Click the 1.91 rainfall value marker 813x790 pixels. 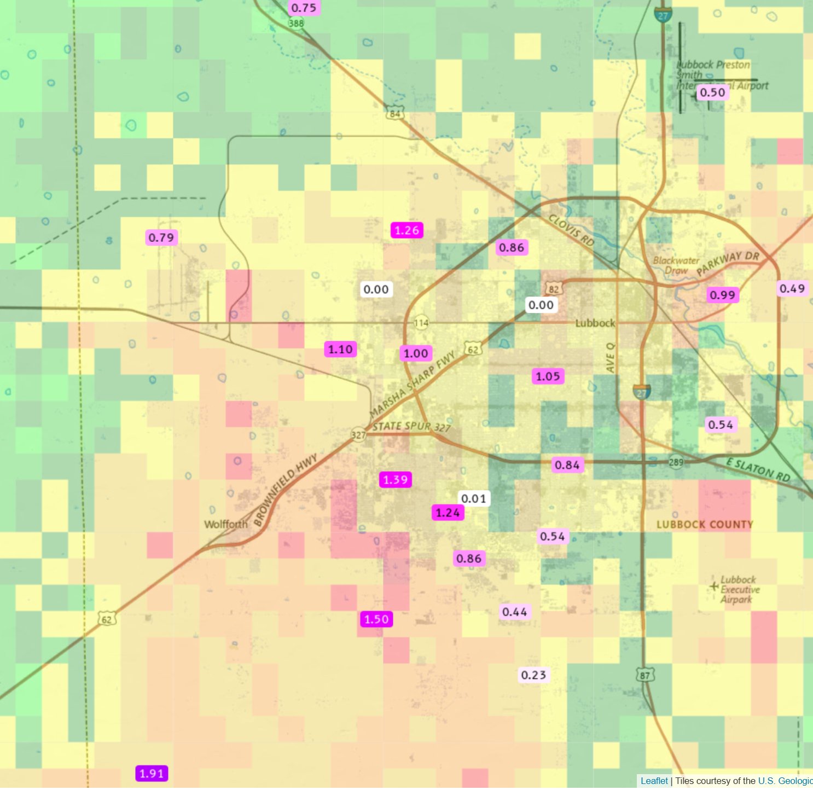[x=152, y=774]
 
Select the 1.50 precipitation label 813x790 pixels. [x=376, y=619]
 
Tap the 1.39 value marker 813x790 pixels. [x=395, y=480]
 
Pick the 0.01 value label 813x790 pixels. [x=473, y=498]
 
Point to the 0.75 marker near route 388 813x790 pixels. [x=304, y=8]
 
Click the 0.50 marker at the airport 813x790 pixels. [x=712, y=92]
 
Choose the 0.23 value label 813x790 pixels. [x=533, y=675]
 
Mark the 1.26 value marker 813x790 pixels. [x=406, y=230]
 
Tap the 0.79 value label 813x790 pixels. [x=161, y=237]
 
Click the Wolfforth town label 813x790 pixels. [x=225, y=524]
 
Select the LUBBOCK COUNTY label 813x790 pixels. [x=705, y=525]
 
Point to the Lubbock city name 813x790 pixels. [x=595, y=323]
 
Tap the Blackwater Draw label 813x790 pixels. [x=676, y=265]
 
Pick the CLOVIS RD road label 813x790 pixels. [x=571, y=230]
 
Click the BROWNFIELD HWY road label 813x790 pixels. [x=286, y=490]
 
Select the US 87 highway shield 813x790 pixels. [x=645, y=675]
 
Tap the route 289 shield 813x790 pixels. [x=676, y=462]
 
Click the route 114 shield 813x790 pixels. [x=421, y=323]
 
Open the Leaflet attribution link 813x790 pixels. [x=654, y=781]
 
